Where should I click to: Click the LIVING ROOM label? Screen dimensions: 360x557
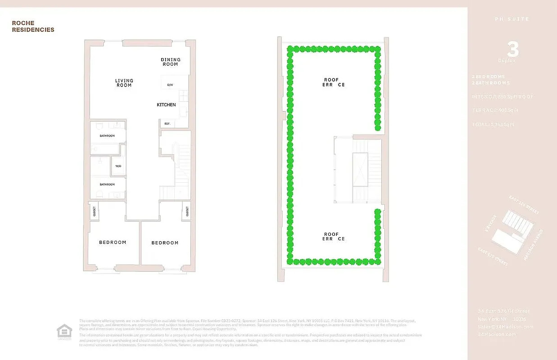tap(124, 83)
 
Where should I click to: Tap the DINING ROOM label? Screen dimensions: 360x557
tap(171, 62)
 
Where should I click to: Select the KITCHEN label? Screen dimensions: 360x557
tap(166, 105)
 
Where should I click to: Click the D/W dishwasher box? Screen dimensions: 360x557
tap(170, 85)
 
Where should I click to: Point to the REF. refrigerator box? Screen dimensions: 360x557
tap(167, 123)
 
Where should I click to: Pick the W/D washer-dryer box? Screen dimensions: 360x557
tap(118, 166)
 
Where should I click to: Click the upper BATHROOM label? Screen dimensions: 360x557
tap(107, 135)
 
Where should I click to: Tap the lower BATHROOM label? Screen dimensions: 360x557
tap(107, 184)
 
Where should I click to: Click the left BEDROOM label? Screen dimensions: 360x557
tap(113, 243)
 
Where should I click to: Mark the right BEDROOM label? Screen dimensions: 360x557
tap(165, 243)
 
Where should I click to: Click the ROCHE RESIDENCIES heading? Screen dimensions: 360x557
tap(33, 27)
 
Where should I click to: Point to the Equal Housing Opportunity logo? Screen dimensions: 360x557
tap(64, 332)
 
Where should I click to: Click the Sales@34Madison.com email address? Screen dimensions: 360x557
tap(505, 327)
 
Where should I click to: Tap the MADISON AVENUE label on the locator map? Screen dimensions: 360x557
tap(534, 245)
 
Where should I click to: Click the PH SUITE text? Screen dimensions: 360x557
tap(512, 19)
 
